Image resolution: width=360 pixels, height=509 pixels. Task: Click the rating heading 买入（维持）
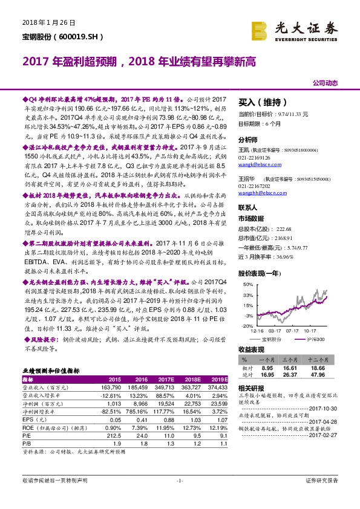[x=262, y=102]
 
